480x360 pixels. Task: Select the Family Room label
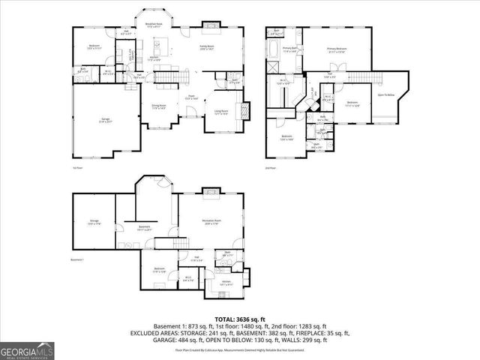pyautogui.click(x=207, y=47)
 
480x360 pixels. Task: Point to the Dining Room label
pyautogui.click(x=160, y=107)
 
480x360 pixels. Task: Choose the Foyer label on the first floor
pyautogui.click(x=191, y=97)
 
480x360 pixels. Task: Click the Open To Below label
pyautogui.click(x=387, y=95)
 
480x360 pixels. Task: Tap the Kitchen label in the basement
pyautogui.click(x=226, y=283)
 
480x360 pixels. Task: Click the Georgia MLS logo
pyautogui.click(x=25, y=349)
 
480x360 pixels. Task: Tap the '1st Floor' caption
pyautogui.click(x=76, y=168)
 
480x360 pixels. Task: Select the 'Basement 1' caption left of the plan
pyautogui.click(x=77, y=259)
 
